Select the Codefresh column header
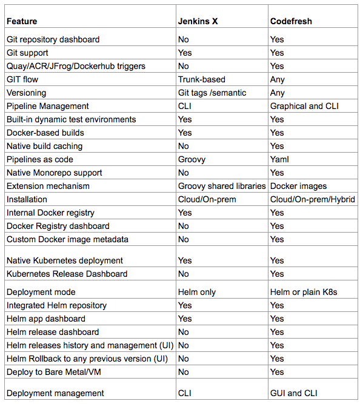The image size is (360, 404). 291,21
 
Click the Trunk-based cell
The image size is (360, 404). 201,79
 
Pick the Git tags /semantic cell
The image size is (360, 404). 212,93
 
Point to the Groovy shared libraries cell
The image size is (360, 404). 222,186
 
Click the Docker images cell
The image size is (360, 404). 298,186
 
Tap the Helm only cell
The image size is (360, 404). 197,292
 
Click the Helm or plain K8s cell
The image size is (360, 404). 304,292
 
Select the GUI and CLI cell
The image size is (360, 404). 294,393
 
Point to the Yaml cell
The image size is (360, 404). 279,159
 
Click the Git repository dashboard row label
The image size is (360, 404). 53,39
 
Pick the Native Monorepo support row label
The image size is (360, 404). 55,173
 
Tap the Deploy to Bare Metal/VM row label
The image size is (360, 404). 56,372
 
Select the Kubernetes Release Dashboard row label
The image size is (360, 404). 67,274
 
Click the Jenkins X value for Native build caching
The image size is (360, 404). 184,146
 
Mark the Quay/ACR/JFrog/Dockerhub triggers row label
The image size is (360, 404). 76,66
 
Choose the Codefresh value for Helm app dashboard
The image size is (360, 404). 277,319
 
